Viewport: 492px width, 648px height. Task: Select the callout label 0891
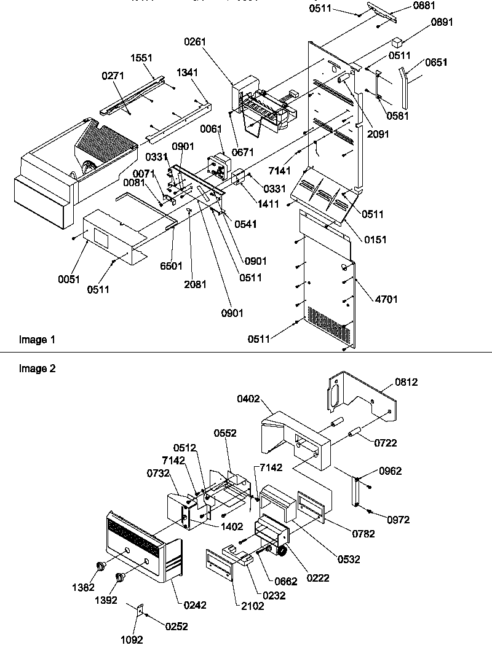point(442,21)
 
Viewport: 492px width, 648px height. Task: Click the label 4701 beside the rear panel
point(386,299)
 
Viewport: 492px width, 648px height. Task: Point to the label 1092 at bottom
point(131,639)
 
